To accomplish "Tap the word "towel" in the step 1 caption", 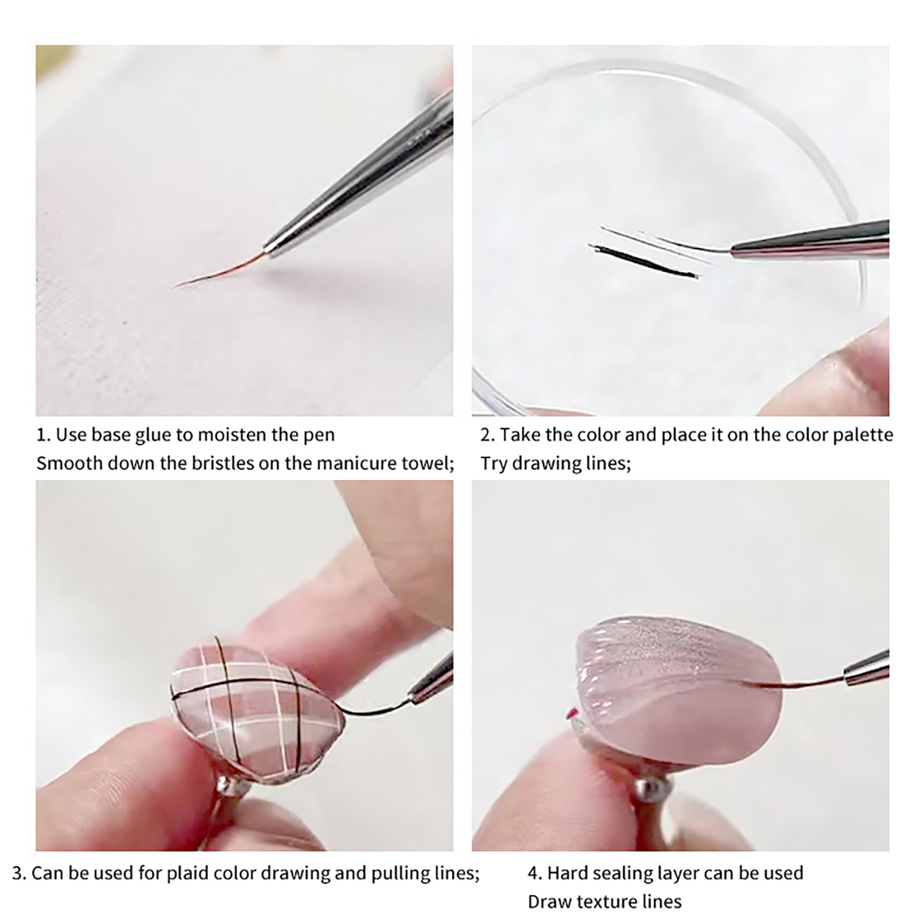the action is pos(425,463).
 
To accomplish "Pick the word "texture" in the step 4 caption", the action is pos(605,902).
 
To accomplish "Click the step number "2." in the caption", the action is pos(487,435).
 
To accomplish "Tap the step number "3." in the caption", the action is pos(19,873).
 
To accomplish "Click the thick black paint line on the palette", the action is pos(644,261).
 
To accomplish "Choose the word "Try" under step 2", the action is pos(494,464).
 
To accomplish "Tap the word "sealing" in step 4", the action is pos(625,873).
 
